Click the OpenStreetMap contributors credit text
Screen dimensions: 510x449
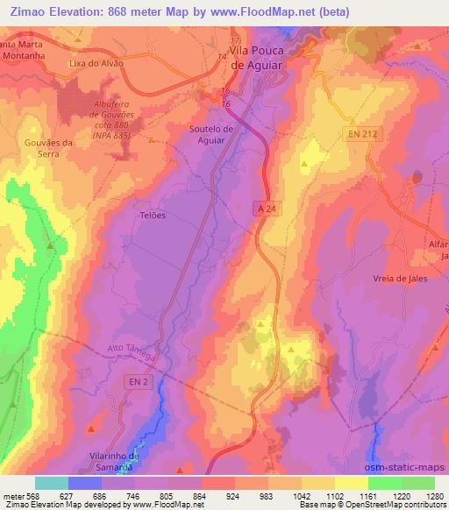tap(396, 505)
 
